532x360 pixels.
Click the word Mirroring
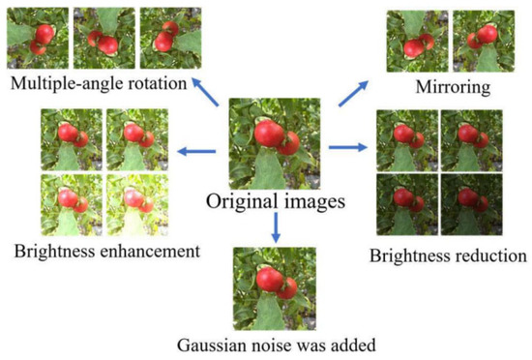tap(453, 87)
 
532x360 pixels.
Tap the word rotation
tap(158, 83)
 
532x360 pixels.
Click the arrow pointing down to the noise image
tap(276, 227)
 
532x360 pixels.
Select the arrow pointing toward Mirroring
tap(353, 94)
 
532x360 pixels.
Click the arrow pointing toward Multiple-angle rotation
tap(206, 92)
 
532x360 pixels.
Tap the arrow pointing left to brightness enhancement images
tap(196, 151)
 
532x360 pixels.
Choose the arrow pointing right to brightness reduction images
tap(348, 147)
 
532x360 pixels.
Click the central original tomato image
tap(275, 143)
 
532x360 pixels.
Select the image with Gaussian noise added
tap(275, 288)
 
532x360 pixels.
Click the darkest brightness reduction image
tap(472, 204)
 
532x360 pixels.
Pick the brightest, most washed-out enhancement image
tap(137, 205)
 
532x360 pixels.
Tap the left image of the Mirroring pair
tap(417, 41)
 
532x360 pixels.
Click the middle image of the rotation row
tap(104, 38)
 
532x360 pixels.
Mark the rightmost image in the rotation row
tap(170, 38)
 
